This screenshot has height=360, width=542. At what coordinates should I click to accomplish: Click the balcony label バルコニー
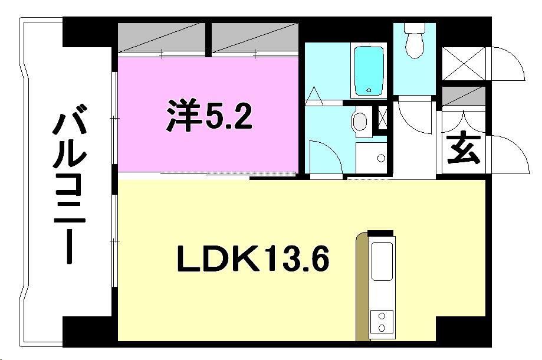point(70,183)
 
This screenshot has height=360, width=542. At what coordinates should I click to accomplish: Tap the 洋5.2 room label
point(209,116)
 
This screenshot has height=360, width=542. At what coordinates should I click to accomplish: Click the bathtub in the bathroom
point(368,70)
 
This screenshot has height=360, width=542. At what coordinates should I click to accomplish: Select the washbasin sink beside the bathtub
point(359,123)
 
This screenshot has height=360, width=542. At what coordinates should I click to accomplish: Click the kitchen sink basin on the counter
point(382,261)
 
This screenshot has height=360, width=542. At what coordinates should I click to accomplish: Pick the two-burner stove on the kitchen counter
point(382,322)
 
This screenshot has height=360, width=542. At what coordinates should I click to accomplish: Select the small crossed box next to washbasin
point(382,118)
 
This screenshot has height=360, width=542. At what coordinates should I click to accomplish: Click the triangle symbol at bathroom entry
point(314,94)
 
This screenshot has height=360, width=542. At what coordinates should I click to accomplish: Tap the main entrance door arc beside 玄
point(506,153)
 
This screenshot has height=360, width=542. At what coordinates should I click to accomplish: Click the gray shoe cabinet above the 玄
point(464,95)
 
